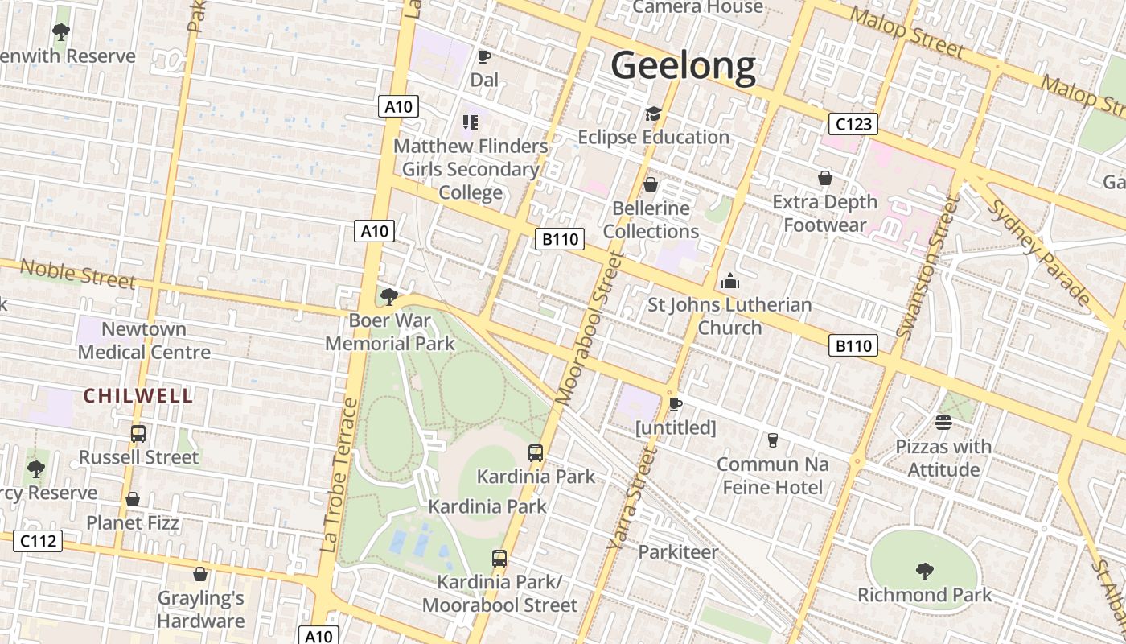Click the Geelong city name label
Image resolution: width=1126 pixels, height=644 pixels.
pos(684,66)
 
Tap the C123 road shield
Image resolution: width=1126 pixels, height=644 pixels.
pos(853,124)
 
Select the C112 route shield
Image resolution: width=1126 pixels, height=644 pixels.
pos(39,541)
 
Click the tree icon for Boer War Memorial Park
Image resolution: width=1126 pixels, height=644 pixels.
pos(389,297)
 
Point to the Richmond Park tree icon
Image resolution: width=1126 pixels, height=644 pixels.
pos(925,572)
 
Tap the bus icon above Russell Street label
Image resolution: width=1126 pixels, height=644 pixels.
pos(138,434)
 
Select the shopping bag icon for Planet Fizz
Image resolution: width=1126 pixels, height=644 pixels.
pos(133,499)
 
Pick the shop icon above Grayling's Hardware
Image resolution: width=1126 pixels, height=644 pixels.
pos(200,574)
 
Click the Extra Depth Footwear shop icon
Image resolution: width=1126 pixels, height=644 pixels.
pos(824,178)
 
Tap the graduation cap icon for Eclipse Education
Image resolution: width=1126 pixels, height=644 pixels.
pos(653,114)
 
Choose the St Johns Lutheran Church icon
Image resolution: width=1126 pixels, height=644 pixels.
pos(730,281)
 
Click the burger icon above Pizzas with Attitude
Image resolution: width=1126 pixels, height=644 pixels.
pos(943,423)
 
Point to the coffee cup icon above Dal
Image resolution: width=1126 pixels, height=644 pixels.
pos(483,56)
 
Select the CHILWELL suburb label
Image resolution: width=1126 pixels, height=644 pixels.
pos(138,396)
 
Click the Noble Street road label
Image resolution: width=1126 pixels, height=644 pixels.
pos(77,274)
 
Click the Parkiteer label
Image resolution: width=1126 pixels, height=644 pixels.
pos(678,552)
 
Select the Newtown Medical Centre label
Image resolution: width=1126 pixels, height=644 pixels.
pos(144,341)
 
